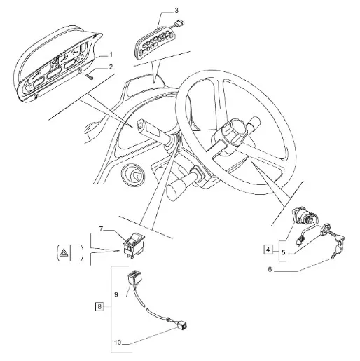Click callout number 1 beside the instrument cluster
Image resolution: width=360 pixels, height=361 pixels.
111,55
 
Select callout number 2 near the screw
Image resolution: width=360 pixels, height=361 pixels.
111,67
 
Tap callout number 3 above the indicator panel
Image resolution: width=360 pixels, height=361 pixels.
176,11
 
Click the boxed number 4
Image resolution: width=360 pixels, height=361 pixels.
268,250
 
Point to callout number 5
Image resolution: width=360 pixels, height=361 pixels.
284,252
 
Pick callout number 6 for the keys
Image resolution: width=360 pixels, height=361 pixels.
270,269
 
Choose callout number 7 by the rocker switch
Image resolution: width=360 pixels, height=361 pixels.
101,229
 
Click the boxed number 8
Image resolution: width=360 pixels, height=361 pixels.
99,306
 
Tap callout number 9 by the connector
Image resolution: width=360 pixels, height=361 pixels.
116,295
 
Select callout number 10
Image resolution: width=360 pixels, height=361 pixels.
118,343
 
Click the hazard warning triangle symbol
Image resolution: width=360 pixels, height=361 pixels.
63,253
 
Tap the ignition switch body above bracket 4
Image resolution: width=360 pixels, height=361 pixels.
303,216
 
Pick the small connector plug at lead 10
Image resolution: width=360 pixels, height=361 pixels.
182,325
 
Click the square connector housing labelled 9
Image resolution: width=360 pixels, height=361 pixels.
135,278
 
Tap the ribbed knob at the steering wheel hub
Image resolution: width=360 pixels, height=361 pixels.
234,130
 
